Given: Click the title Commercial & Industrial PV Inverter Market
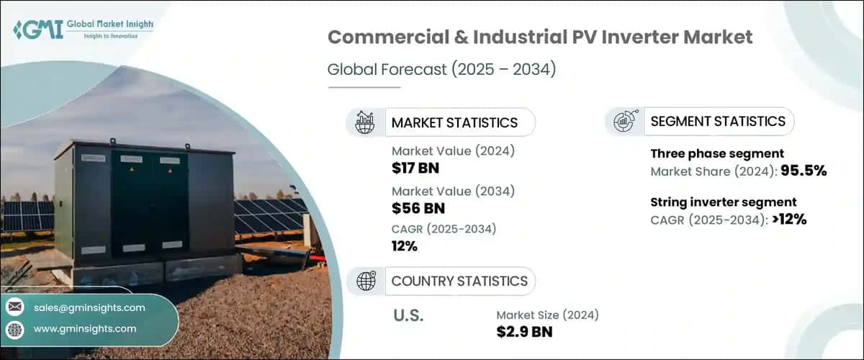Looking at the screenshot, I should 540,38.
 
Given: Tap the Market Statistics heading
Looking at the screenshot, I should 454,122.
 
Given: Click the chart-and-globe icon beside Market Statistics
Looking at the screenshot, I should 365,122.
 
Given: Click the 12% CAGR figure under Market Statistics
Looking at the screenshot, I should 405,246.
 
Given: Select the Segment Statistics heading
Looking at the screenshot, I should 717,122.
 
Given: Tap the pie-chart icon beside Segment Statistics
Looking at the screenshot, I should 624,122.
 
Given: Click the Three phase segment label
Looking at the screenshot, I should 717,153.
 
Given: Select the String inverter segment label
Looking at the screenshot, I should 723,202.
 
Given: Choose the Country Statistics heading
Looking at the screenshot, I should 459,281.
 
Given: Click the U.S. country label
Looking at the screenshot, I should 408,315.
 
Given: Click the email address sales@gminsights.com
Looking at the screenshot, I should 89,307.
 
